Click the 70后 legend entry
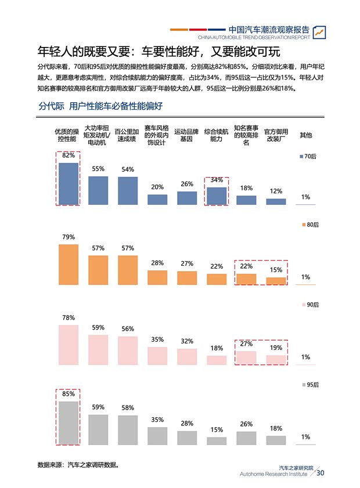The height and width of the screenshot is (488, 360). coord(308,157)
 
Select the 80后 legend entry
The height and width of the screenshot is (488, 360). coord(308,225)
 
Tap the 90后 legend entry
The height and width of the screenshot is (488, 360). coord(308,305)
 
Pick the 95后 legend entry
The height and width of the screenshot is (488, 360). coord(308,385)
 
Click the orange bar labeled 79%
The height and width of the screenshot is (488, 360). coord(69,264)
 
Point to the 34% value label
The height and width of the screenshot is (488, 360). coord(217,180)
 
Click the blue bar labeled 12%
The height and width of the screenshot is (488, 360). coord(276,201)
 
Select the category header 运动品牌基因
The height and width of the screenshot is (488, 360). coord(186,135)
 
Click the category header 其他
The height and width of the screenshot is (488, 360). coord(305,135)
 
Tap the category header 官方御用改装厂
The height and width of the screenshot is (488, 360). coord(276,135)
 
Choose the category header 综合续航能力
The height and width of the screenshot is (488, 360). coord(216,135)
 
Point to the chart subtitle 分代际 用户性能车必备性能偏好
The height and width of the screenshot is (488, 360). coord(100,106)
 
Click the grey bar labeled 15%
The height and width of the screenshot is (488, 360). coord(217,440)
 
